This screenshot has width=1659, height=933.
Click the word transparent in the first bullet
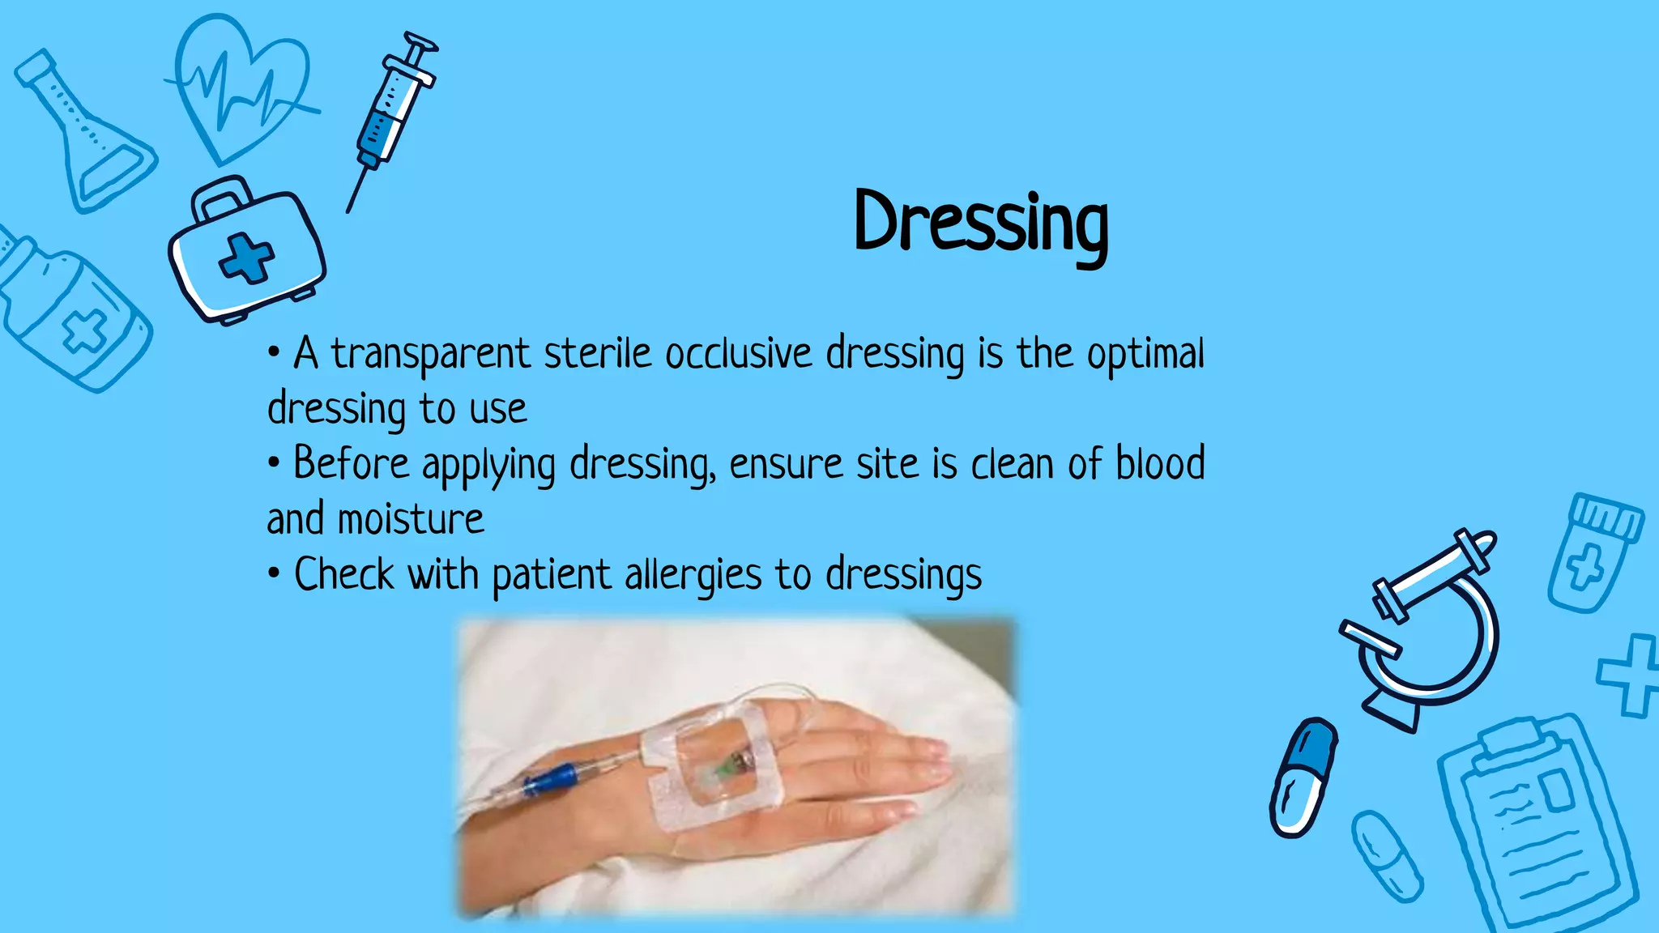click(x=430, y=355)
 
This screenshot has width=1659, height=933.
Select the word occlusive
click(x=738, y=354)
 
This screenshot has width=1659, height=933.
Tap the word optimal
click(x=1145, y=355)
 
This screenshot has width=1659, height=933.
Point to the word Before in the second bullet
click(x=351, y=464)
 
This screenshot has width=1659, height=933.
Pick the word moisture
click(x=411, y=519)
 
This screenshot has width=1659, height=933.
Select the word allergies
click(x=693, y=575)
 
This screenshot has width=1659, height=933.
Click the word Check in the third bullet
click(x=344, y=575)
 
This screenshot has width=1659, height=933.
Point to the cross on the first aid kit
click(x=246, y=258)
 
